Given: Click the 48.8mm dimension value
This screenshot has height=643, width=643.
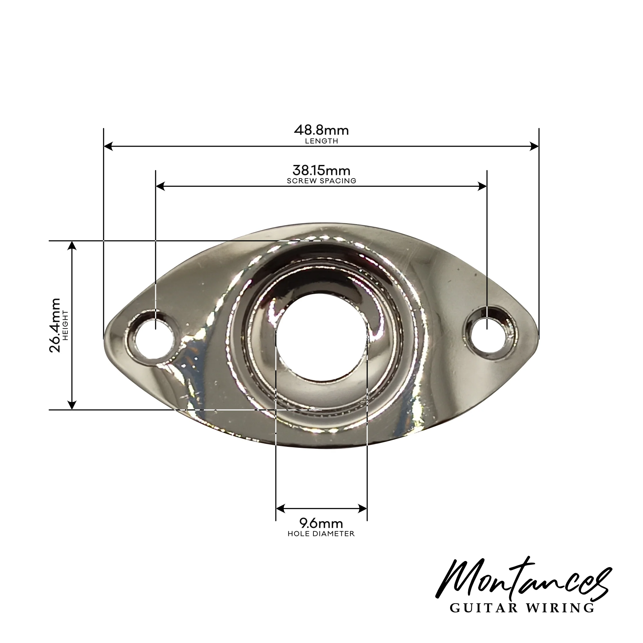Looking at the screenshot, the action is point(321,130).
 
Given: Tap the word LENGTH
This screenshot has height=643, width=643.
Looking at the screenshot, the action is point(321,141).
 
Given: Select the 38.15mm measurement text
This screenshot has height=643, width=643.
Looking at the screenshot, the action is point(321,170).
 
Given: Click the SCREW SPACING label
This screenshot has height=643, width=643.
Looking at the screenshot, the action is point(321,181).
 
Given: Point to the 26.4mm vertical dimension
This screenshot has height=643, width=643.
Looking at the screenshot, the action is point(55,325).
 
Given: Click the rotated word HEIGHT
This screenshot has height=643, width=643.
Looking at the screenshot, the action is point(65,325).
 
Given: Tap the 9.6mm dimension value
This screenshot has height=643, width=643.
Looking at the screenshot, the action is point(321,523).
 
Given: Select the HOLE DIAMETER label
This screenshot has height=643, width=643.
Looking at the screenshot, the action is point(321,534).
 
